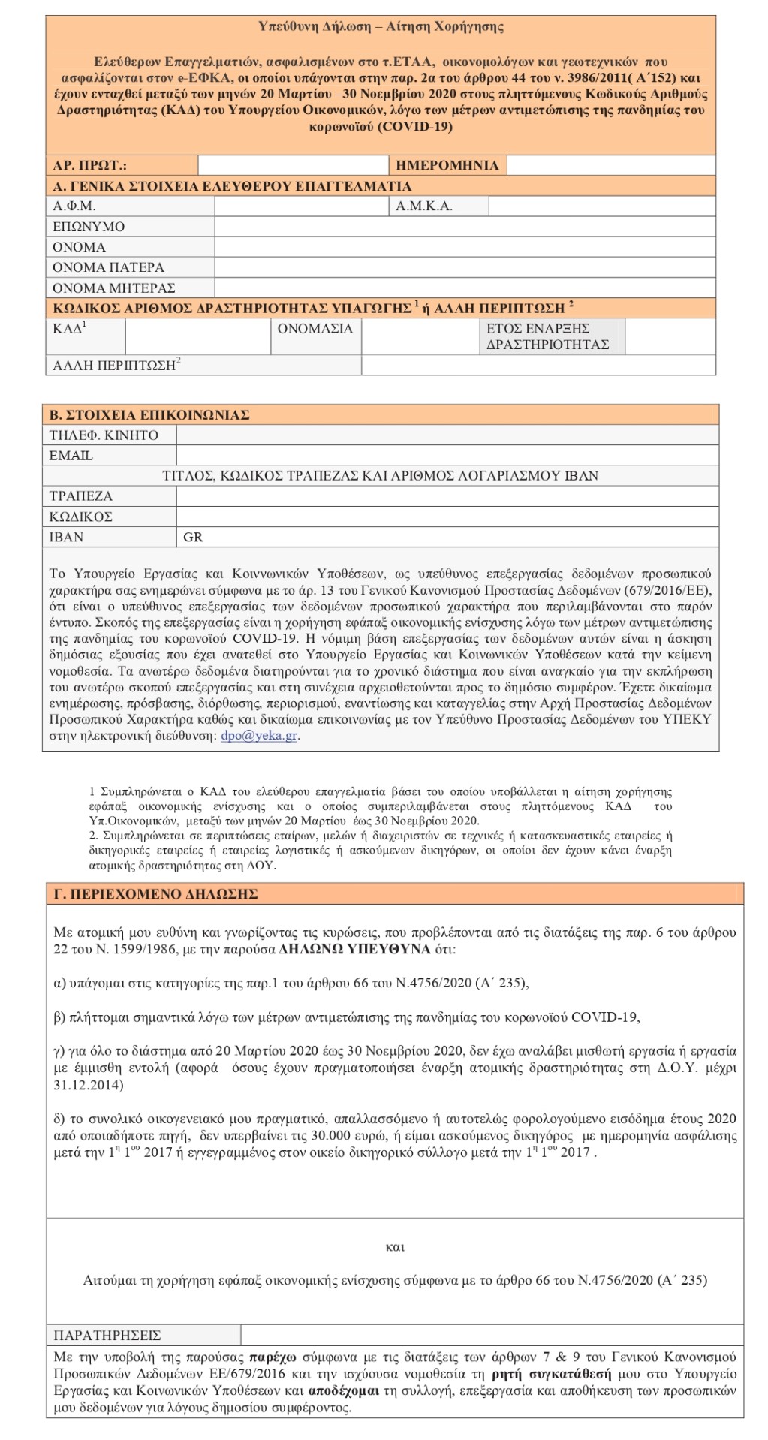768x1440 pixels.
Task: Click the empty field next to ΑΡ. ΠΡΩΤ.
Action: point(293,165)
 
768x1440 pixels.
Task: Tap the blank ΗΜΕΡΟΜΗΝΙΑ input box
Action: point(611,165)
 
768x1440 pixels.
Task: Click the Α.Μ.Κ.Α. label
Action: point(424,206)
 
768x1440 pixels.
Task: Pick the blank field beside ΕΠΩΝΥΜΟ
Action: point(465,227)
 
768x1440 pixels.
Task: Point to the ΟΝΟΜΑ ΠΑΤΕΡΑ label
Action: point(108,267)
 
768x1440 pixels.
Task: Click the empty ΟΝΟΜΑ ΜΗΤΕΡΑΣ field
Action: point(465,288)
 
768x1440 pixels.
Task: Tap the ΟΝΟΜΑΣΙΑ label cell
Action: point(315,329)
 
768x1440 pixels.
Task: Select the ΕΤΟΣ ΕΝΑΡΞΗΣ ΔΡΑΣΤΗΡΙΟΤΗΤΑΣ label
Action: point(548,336)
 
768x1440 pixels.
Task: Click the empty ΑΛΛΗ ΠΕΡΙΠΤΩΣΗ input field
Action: point(538,366)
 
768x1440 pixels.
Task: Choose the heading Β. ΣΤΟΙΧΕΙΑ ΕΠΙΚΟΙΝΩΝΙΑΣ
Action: point(149,415)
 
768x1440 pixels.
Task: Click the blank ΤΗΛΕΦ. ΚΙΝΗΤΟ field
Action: point(447,435)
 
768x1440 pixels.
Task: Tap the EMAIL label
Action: point(71,456)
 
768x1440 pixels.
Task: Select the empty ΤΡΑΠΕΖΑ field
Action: point(447,496)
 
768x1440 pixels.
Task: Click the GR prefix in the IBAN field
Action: point(193,538)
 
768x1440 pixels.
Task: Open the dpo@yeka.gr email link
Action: point(259,736)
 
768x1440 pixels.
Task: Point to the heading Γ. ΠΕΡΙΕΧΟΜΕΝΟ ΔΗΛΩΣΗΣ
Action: point(156,894)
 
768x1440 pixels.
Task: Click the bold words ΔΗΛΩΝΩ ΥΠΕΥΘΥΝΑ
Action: point(354,949)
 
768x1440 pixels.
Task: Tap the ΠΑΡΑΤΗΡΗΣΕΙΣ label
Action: point(107,1336)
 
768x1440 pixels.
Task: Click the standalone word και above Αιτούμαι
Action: point(395,1247)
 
